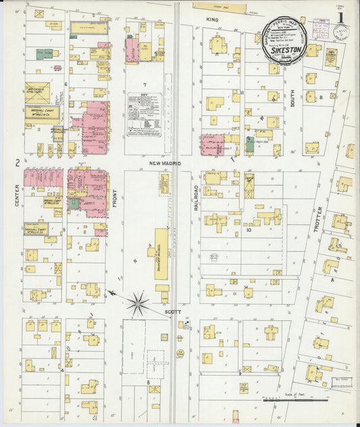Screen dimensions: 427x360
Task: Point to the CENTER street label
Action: [16, 193]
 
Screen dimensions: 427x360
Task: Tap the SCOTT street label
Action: [172, 312]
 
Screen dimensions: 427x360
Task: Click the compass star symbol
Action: [138, 303]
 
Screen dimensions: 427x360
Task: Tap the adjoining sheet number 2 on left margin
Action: [15, 163]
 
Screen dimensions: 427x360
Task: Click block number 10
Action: [249, 230]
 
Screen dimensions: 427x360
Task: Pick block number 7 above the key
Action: [143, 84]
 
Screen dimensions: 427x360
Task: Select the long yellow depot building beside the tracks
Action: [162, 254]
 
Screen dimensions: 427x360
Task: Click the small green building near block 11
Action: [249, 144]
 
